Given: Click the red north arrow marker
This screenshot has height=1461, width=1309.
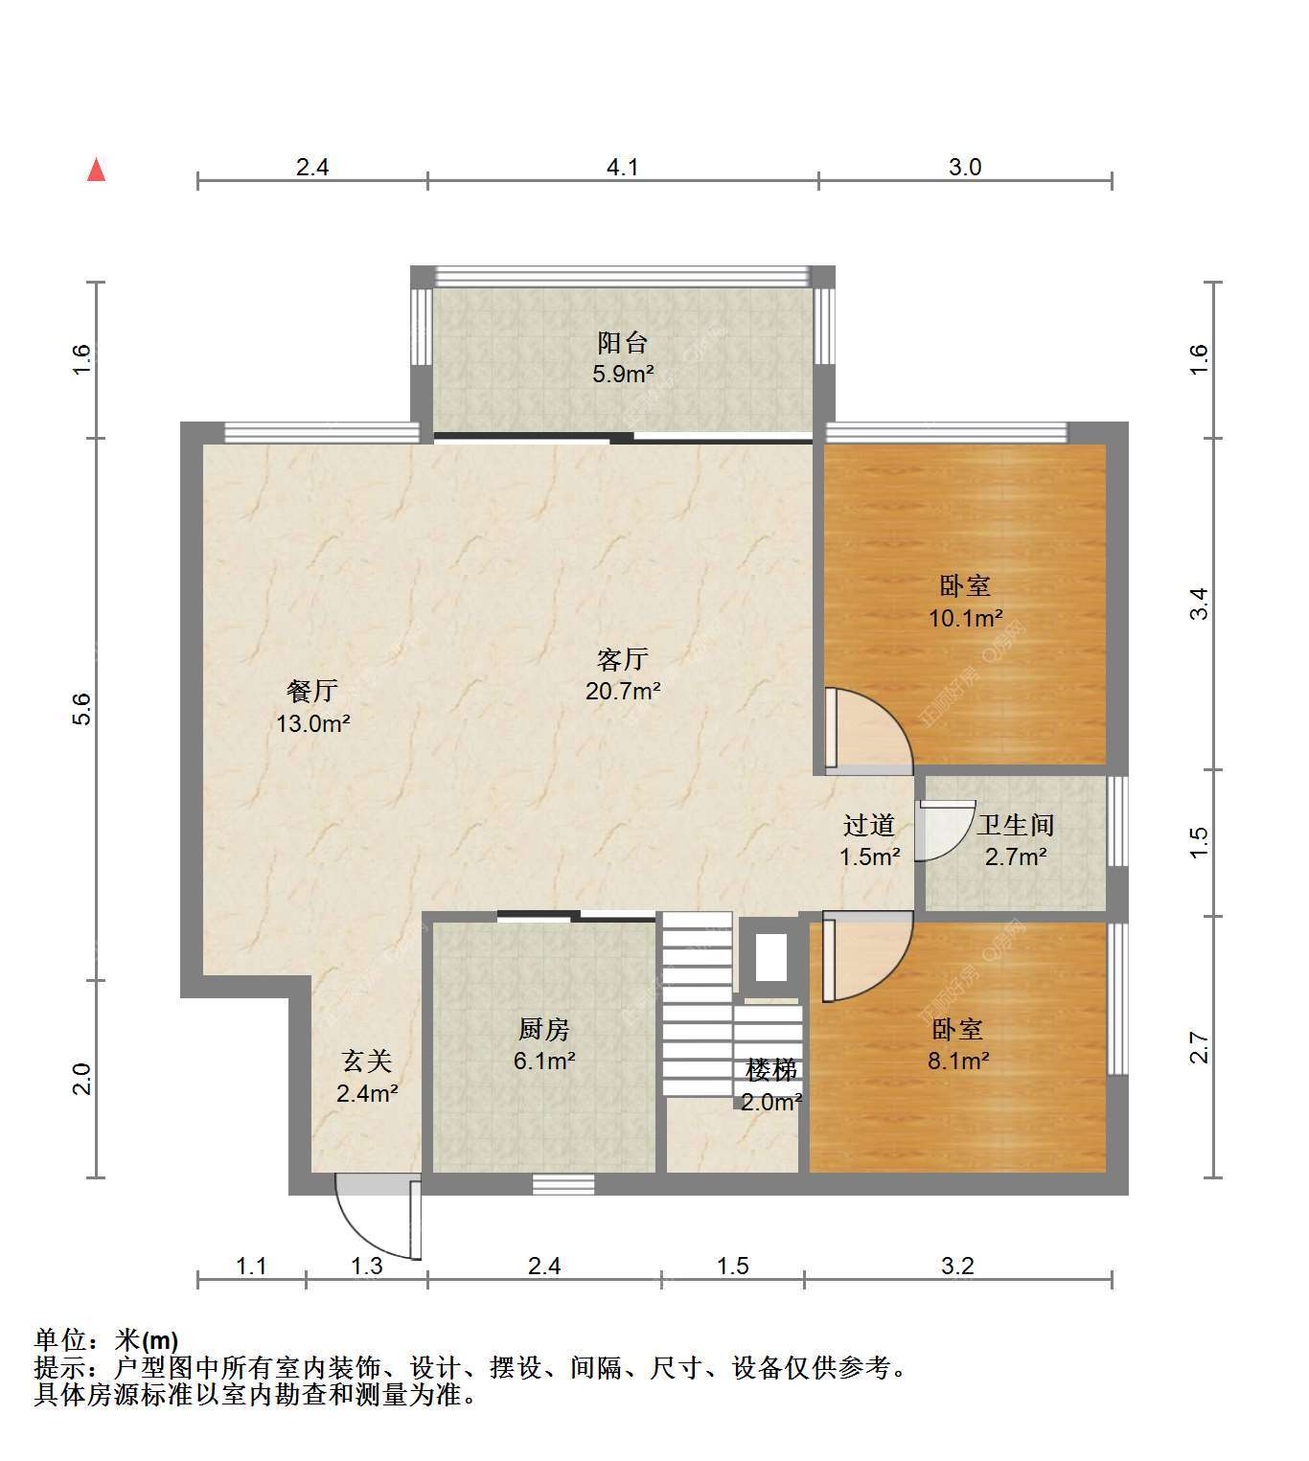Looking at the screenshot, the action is coord(97,171).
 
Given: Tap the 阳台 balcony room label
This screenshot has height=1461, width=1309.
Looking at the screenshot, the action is coord(623,343).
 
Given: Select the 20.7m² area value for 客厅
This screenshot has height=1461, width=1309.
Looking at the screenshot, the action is coord(623,691).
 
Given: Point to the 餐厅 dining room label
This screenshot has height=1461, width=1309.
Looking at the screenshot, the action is coord(312,691).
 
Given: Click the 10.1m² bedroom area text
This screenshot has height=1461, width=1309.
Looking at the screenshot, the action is coord(966,618).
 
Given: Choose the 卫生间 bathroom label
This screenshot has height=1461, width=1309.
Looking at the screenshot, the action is coord(1016,825).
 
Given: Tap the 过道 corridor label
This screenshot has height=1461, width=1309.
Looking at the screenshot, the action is coord(869,825).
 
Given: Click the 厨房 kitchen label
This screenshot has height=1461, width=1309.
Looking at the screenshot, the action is coord(543,1029).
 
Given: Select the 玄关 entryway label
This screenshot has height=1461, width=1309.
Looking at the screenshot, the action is coord(366,1062).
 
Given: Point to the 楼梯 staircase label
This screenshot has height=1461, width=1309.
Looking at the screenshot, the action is coord(771,1070).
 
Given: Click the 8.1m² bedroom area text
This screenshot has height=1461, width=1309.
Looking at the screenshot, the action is coord(958,1061).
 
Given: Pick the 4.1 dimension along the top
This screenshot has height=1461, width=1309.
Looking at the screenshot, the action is coord(623,168).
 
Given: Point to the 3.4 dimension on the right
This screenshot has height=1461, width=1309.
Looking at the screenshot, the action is coord(1198,604).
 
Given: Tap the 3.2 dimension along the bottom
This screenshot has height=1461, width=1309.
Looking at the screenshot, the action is coord(957,1266).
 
